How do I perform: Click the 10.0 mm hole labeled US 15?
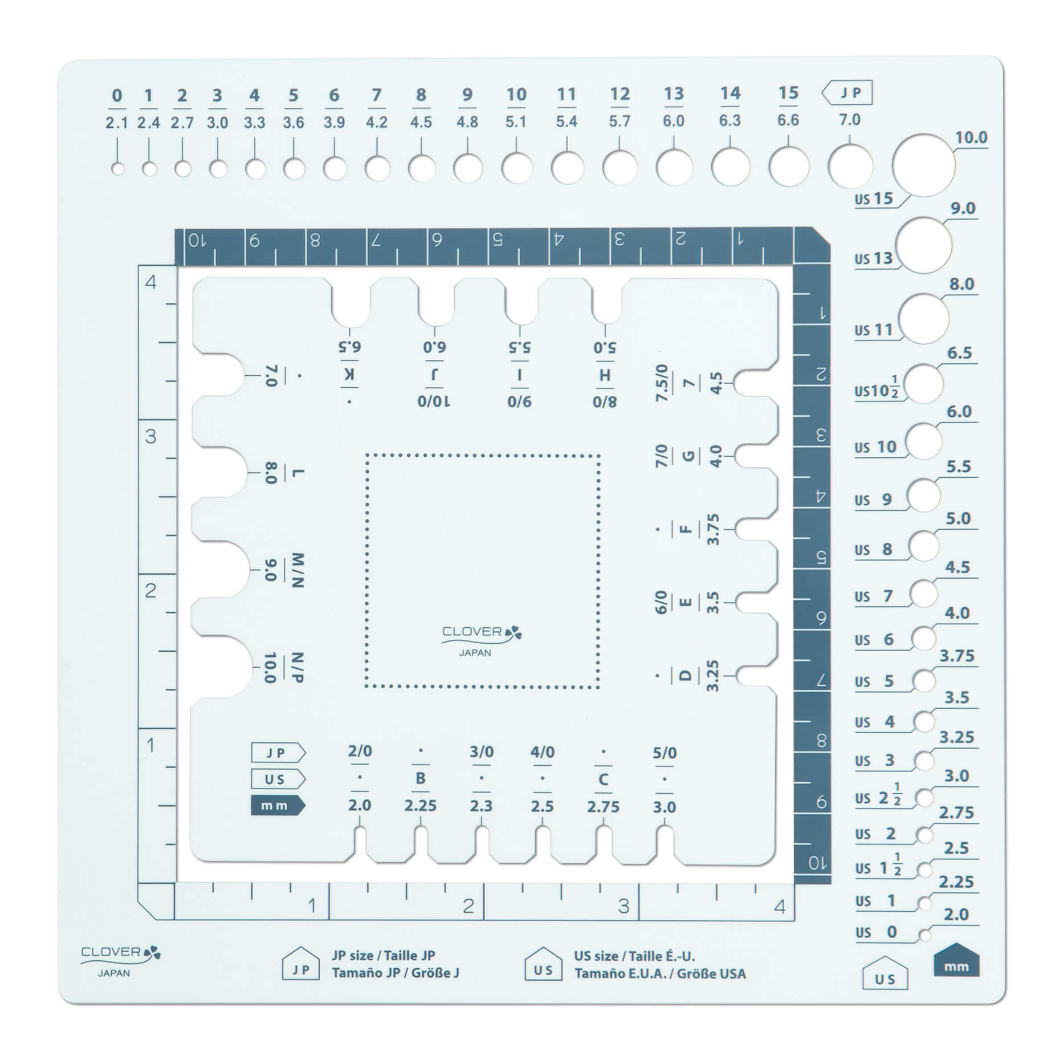[x=923, y=165]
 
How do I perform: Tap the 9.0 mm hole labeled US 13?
[x=924, y=245]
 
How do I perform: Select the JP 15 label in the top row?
[x=788, y=94]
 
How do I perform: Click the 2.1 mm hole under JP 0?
[x=118, y=169]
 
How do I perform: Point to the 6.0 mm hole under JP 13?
[x=674, y=168]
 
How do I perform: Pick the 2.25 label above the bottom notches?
[x=421, y=806]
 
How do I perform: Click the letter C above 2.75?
[x=604, y=779]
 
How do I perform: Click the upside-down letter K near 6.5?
[x=349, y=375]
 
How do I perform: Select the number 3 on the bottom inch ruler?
[x=623, y=905]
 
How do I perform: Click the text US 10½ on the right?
[x=877, y=390]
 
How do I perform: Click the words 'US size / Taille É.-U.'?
[x=634, y=956]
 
